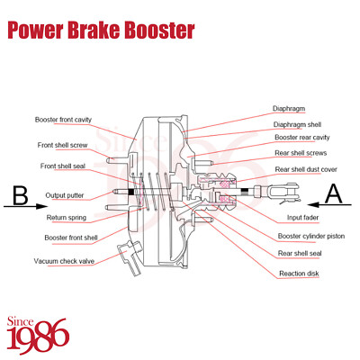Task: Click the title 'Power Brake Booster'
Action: tap(101, 31)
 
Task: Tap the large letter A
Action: tap(333, 191)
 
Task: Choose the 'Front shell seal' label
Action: tap(63, 166)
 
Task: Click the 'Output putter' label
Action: tap(67, 195)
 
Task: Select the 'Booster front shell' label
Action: tap(71, 238)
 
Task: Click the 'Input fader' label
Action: tap(303, 217)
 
